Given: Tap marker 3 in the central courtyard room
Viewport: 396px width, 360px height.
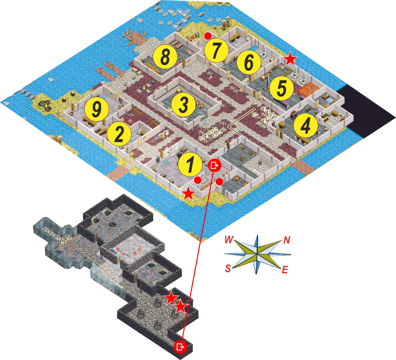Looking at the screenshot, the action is (x=184, y=104).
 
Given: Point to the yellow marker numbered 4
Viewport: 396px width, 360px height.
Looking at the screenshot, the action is (x=305, y=125).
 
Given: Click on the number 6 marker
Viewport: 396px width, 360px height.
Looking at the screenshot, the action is (x=249, y=62).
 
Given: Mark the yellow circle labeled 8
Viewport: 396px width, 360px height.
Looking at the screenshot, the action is (x=165, y=57).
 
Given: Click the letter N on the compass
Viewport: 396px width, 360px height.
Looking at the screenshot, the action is (x=287, y=240).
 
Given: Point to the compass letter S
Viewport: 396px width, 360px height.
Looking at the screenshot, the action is (x=228, y=268).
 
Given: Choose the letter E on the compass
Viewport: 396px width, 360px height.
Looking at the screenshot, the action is (x=285, y=270).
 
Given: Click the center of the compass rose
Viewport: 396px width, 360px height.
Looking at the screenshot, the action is (x=257, y=254).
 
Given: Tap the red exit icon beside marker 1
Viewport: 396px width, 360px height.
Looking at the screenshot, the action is (x=215, y=166).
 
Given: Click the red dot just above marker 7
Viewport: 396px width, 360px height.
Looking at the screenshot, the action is (x=208, y=36).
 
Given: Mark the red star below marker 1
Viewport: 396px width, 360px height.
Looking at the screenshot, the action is (x=188, y=194).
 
